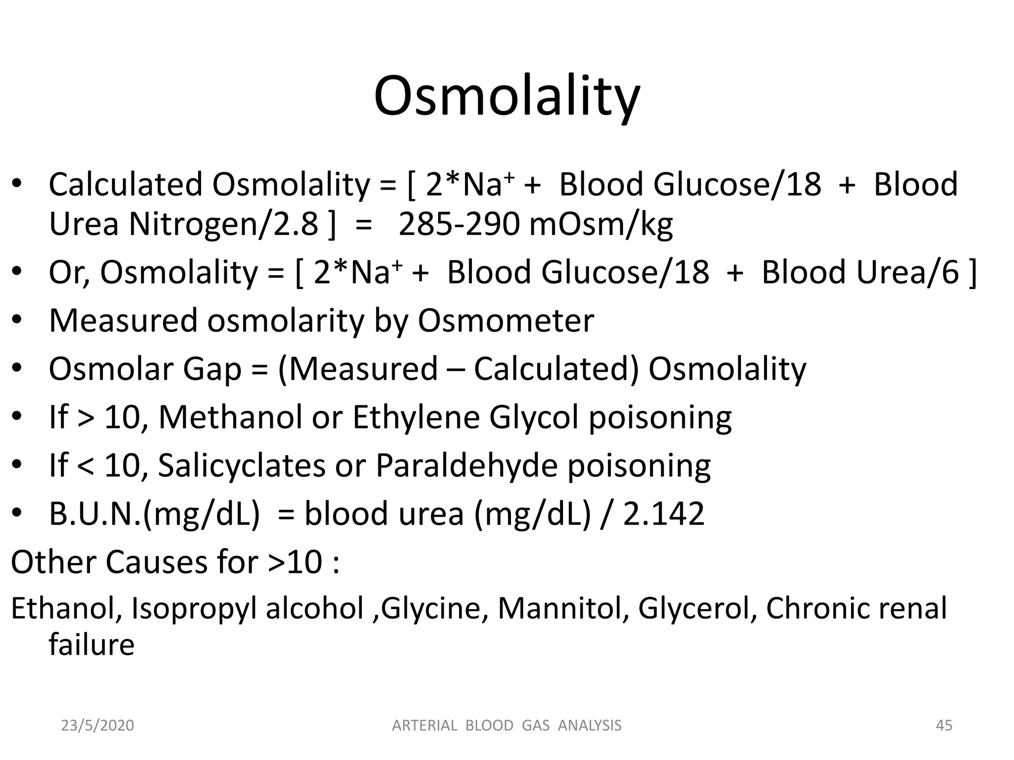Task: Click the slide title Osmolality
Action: coord(507,96)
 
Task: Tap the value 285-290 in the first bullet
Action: coord(458,224)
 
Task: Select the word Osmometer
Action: coord(506,321)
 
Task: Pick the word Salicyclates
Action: coord(242,466)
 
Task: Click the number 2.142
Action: coord(663,514)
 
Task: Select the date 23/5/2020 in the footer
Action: coord(98,725)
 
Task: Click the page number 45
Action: coord(944,725)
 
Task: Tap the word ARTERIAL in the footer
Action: coord(424,725)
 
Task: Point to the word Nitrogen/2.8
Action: coord(223,224)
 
